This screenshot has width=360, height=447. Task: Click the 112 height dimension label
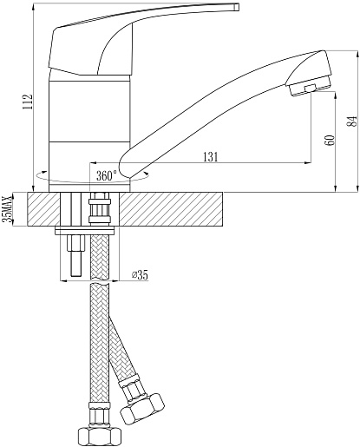pos(29,102)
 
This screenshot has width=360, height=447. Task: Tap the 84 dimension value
pos(352,122)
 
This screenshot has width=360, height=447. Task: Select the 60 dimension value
pos(331,141)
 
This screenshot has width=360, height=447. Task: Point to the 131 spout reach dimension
pos(211,157)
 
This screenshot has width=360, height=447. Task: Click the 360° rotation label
pos(107,175)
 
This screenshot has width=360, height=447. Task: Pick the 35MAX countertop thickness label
pos(8,208)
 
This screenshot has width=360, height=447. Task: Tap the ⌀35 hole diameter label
pos(140,275)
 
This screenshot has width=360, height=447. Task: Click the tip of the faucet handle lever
pos(238,7)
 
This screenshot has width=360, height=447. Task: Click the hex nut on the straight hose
pos(100,437)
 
